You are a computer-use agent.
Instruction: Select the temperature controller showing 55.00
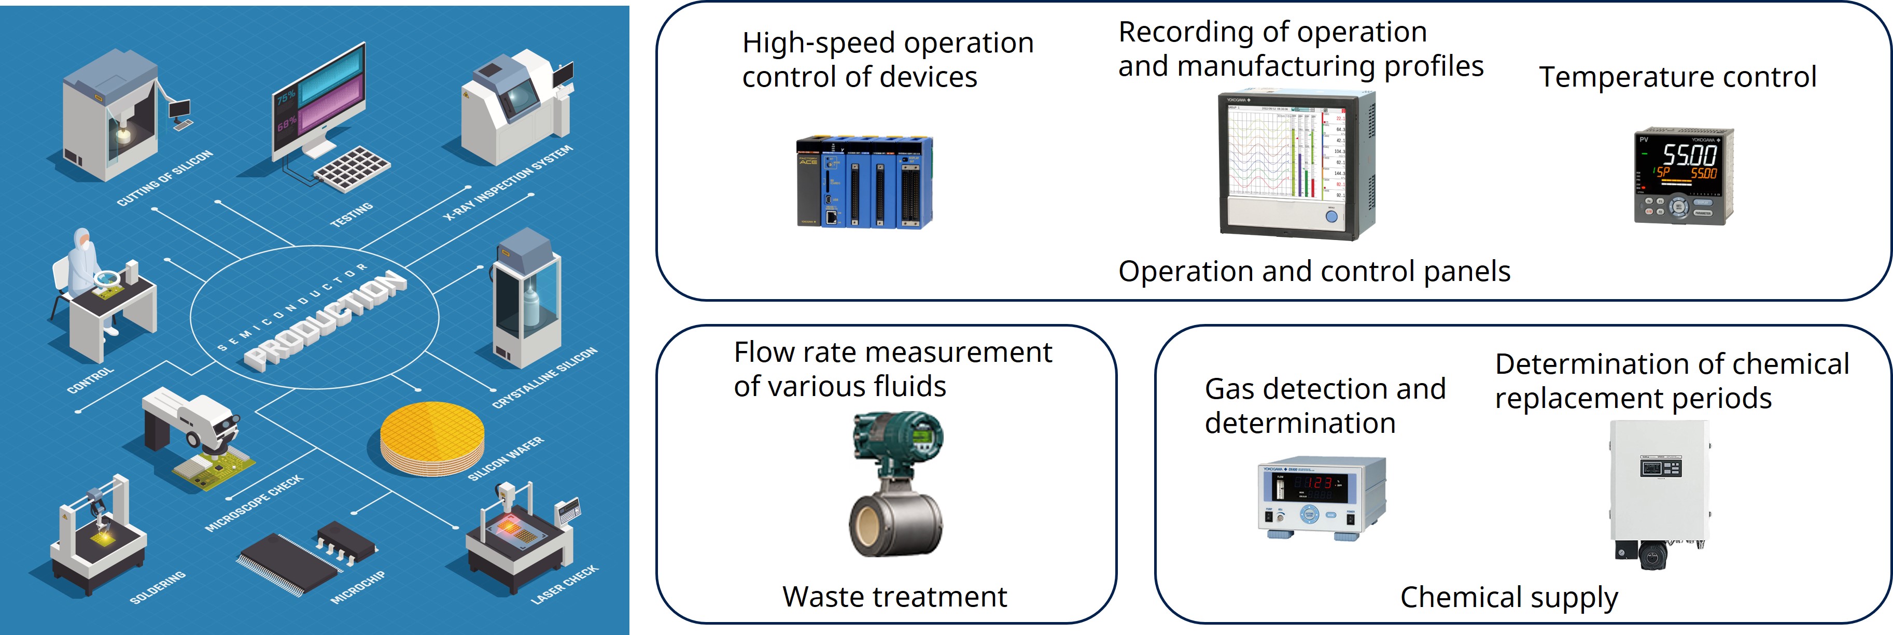[x=1683, y=176]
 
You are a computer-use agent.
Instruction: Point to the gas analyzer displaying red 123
[x=1321, y=498]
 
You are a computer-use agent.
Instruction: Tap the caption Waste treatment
[x=894, y=597]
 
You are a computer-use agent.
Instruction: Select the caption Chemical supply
[x=1509, y=597]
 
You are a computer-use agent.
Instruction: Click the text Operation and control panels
[x=1313, y=271]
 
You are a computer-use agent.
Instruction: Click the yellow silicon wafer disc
[x=432, y=438]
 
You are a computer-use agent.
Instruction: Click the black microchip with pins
[x=309, y=559]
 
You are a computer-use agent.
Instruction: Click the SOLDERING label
[x=157, y=587]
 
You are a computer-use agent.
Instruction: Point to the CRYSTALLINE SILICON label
[x=544, y=378]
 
